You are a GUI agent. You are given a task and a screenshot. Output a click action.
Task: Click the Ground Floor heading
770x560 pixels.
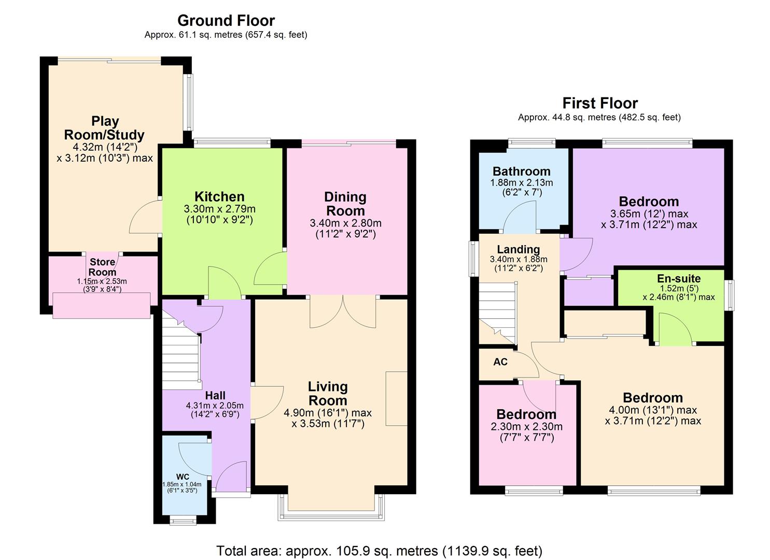pyautogui.click(x=226, y=21)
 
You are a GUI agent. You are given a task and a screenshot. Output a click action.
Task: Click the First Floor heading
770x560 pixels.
pyautogui.click(x=599, y=103)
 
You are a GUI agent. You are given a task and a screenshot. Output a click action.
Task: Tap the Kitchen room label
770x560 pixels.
pyautogui.click(x=219, y=197)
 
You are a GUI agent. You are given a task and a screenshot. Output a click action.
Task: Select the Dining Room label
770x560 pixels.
pyautogui.click(x=345, y=204)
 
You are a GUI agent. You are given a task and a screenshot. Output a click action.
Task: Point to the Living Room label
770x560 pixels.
pyautogui.click(x=328, y=394)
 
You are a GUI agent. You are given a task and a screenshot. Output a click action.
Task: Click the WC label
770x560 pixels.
pyautogui.click(x=183, y=477)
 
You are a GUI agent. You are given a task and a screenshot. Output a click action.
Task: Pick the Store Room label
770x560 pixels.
pyautogui.click(x=103, y=267)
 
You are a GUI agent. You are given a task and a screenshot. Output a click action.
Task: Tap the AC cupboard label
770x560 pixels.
pyautogui.click(x=500, y=362)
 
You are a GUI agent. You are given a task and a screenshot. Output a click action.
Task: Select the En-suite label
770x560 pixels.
pyautogui.click(x=678, y=279)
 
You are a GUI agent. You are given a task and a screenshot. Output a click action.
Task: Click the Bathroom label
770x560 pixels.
pyautogui.click(x=521, y=172)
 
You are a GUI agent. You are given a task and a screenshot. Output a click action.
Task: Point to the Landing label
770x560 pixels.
pyautogui.click(x=518, y=250)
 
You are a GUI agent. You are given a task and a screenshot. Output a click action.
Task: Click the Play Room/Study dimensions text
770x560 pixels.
pyautogui.click(x=105, y=152)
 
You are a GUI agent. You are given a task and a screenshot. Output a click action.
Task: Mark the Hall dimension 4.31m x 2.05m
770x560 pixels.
pyautogui.click(x=215, y=410)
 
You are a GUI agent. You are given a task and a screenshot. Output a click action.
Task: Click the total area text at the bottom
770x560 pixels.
pyautogui.click(x=379, y=550)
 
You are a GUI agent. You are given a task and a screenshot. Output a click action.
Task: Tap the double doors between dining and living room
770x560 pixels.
pyautogui.click(x=343, y=312)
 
